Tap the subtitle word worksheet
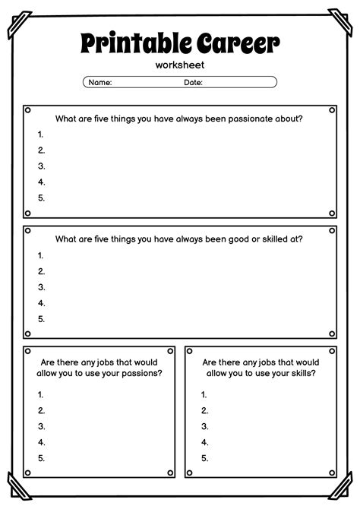click(x=179, y=65)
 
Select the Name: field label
click(x=100, y=82)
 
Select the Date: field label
click(x=193, y=82)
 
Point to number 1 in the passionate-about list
click(x=41, y=134)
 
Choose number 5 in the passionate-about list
click(x=41, y=198)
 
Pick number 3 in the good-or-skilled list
click(x=41, y=287)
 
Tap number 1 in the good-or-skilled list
click(x=41, y=255)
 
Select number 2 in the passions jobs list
click(x=41, y=410)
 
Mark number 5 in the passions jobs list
click(x=41, y=458)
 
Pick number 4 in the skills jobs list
click(x=204, y=442)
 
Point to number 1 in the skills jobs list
click(x=204, y=394)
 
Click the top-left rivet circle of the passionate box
click(x=28, y=110)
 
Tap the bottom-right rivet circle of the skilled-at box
click(x=332, y=333)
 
